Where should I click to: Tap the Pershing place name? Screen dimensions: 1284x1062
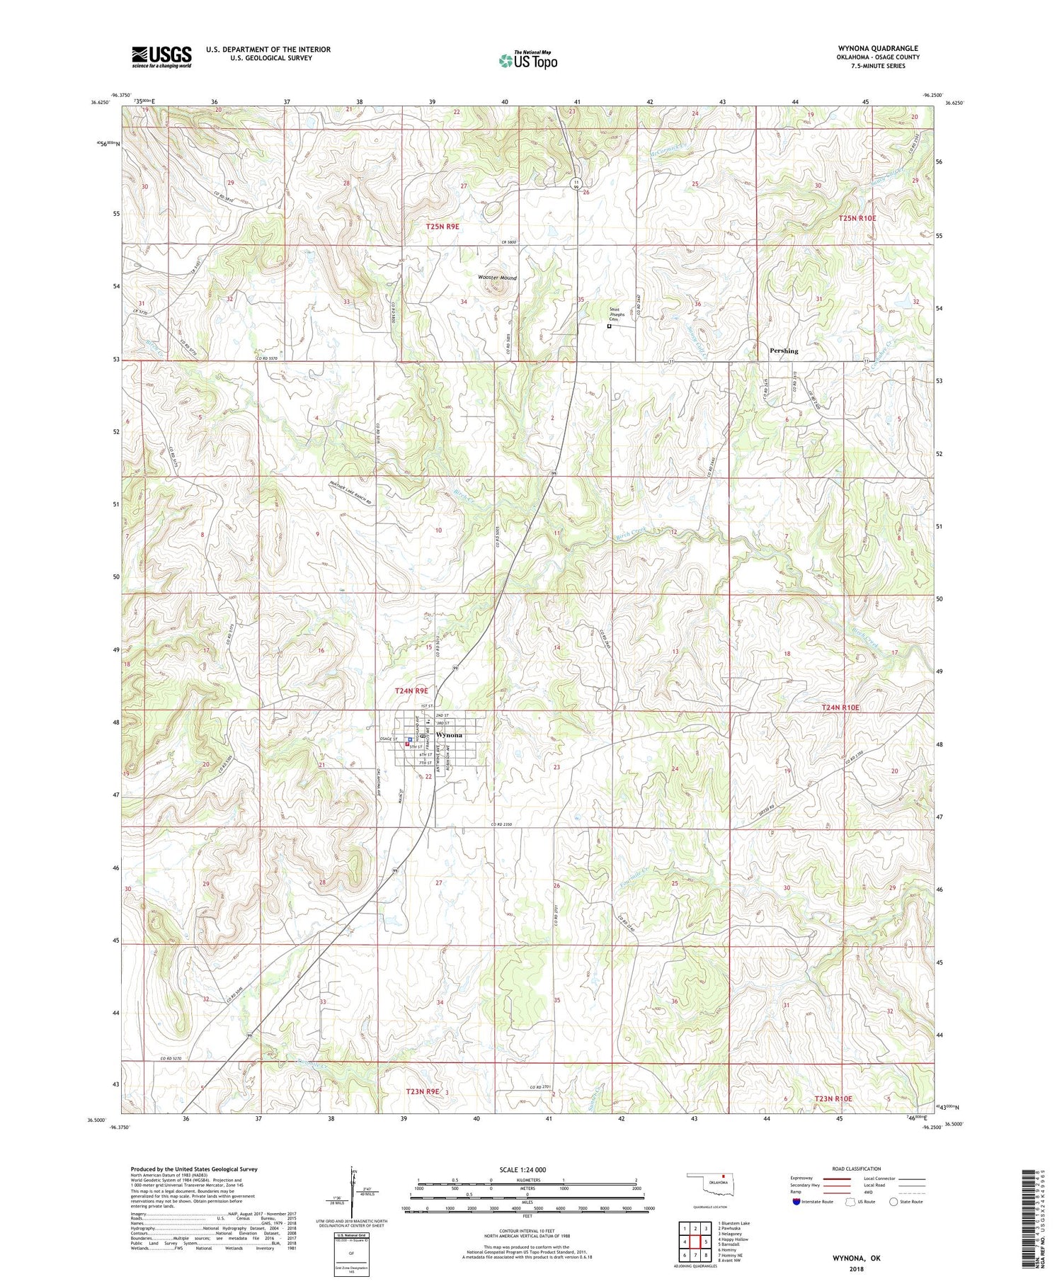tap(784, 351)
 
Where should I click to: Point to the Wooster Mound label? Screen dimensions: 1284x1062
tap(497, 278)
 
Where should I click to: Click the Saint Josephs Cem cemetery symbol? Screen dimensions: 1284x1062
tap(609, 326)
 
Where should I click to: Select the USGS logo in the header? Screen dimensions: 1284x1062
tap(161, 57)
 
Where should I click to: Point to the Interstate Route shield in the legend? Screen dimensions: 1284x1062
tap(796, 1201)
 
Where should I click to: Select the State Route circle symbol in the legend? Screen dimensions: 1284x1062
tap(893, 1201)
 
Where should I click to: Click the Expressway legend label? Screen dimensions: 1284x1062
tap(802, 1178)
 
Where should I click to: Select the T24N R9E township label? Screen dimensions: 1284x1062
tap(411, 691)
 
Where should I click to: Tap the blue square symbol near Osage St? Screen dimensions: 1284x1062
tap(410, 739)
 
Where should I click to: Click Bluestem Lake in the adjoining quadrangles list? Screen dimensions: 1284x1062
tap(736, 1222)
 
